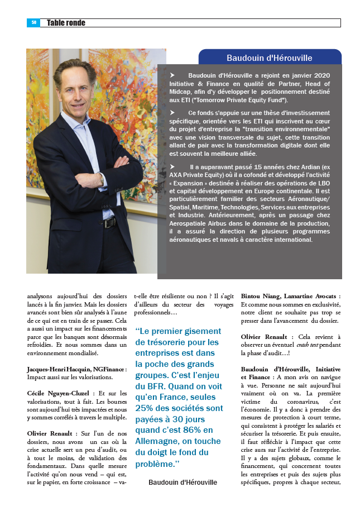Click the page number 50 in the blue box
pyautogui.click(x=33, y=23)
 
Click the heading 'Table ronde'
pyautogui.click(x=66, y=23)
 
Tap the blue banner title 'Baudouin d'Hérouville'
pyautogui.click(x=269, y=58)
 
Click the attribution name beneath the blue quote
pyautogui.click(x=183, y=482)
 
